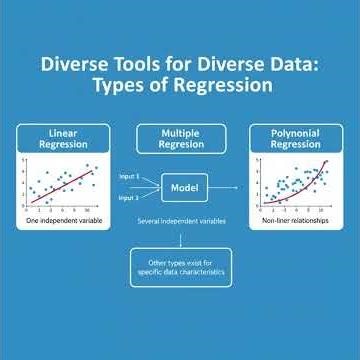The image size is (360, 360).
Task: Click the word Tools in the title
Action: pyautogui.click(x=123, y=66)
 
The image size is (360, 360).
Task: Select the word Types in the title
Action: pyautogui.click(x=118, y=86)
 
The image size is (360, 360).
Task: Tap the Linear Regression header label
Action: pyautogui.click(x=62, y=138)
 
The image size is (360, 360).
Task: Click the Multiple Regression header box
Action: pyautogui.click(x=180, y=138)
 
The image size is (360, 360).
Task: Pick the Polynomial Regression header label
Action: pyautogui.click(x=295, y=138)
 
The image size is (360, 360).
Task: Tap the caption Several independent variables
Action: pyautogui.click(x=180, y=218)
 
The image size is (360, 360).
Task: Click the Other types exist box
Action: pyautogui.click(x=180, y=267)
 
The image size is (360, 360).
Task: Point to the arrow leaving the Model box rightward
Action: pyautogui.click(x=228, y=186)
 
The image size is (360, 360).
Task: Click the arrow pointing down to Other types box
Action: pyautogui.click(x=180, y=238)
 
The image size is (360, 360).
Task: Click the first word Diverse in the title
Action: pyautogui.click(x=62, y=66)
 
